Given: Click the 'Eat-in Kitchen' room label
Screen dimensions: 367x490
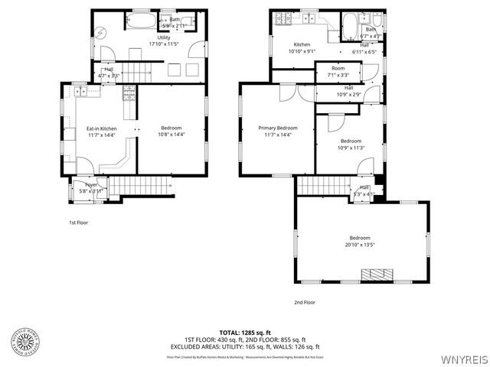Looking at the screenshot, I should [101, 128].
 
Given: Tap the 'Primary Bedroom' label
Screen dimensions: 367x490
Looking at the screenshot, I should [277, 128].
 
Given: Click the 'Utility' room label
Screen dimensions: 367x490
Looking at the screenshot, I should [164, 37].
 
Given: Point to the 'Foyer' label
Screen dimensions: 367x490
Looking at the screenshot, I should [91, 185].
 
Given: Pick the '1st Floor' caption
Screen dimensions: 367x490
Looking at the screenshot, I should [78, 222].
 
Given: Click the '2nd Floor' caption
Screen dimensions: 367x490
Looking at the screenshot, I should [305, 302].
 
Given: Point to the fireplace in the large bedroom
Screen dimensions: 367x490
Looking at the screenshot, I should [377, 274].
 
